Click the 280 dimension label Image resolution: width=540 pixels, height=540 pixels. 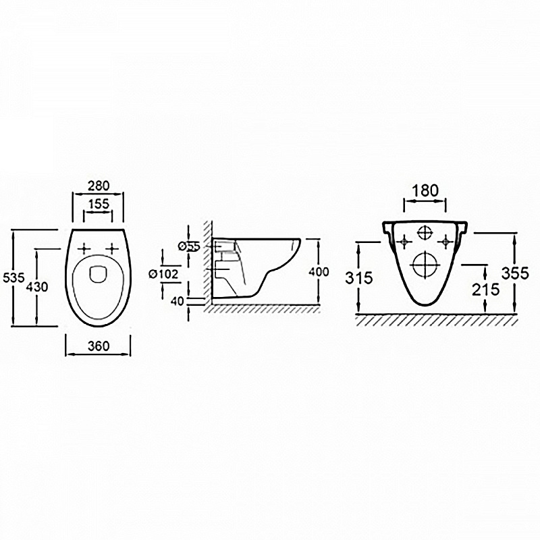click(x=98, y=186)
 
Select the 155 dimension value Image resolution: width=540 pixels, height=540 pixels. click(x=99, y=204)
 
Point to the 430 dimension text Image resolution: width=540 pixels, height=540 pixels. click(x=36, y=286)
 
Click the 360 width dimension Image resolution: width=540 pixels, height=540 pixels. click(x=99, y=346)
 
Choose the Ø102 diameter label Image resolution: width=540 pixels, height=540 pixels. click(x=163, y=274)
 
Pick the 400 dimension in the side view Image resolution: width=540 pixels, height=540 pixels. click(x=319, y=272)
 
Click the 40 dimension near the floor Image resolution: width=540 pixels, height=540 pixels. click(x=178, y=301)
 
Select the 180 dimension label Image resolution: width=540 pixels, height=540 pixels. click(x=425, y=191)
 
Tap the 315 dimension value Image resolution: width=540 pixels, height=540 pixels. click(x=359, y=278)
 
